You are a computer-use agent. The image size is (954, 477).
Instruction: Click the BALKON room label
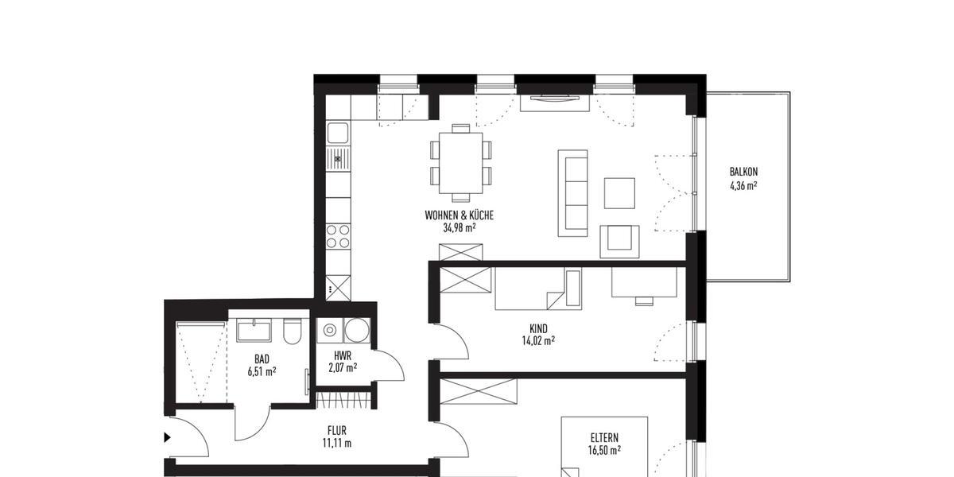pyautogui.click(x=743, y=172)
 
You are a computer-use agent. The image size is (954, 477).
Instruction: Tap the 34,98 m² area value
pyautogui.click(x=460, y=227)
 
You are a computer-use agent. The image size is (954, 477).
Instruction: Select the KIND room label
pyautogui.click(x=538, y=328)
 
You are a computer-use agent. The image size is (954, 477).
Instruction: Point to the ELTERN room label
pyautogui.click(x=604, y=437)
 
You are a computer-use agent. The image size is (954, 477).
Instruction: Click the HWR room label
pyautogui.click(x=343, y=355)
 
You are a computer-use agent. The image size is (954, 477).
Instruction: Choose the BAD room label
pyautogui.click(x=262, y=359)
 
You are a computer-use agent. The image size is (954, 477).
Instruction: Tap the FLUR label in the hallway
pyautogui.click(x=338, y=430)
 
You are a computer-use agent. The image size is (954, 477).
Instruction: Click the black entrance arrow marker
pyautogui.click(x=167, y=436)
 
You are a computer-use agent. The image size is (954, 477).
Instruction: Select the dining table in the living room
pyautogui.click(x=461, y=162)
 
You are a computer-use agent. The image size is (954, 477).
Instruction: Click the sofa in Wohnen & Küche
pyautogui.click(x=572, y=192)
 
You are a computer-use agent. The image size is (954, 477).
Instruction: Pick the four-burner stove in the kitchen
pyautogui.click(x=338, y=236)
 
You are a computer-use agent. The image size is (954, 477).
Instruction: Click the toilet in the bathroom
pyautogui.click(x=293, y=330)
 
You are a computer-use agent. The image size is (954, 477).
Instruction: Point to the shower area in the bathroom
pyautogui.click(x=200, y=362)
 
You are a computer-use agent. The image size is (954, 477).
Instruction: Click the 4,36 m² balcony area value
pyautogui.click(x=743, y=186)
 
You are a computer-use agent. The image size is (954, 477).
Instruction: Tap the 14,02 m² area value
pyautogui.click(x=538, y=341)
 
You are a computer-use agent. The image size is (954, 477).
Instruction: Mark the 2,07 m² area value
pyautogui.click(x=343, y=367)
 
